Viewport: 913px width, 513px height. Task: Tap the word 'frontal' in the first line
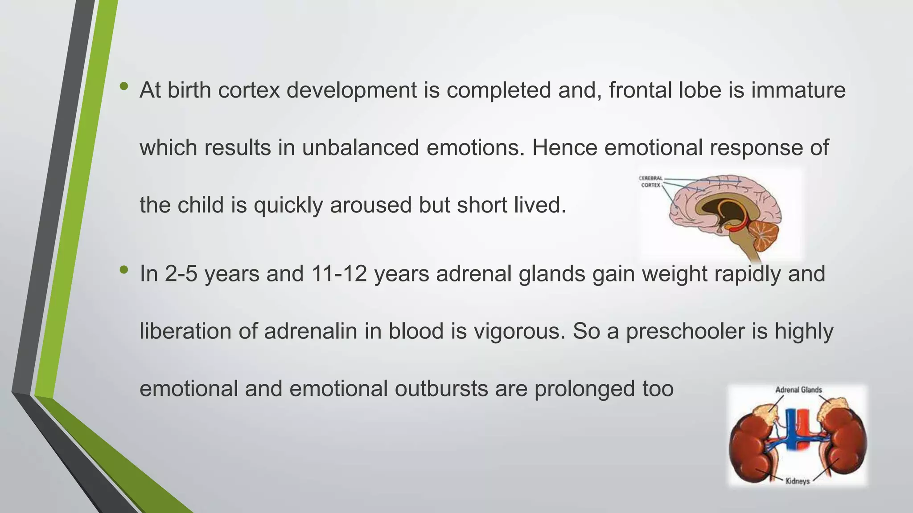pos(638,90)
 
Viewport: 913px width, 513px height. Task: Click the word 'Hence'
pos(564,148)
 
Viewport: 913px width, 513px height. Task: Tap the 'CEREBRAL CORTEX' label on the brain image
pos(650,182)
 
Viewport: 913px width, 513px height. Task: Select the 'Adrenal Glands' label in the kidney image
pos(798,390)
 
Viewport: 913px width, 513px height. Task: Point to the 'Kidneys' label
pos(798,481)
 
